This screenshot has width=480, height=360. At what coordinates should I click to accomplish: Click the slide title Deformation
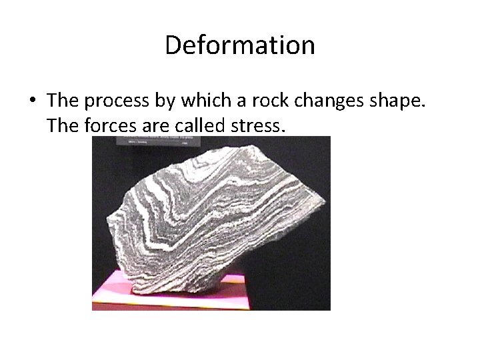point(240,45)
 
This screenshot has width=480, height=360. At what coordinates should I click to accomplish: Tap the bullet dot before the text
point(32,101)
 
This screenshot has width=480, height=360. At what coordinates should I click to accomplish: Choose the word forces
point(111,124)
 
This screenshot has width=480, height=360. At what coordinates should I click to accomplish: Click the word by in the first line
point(162,101)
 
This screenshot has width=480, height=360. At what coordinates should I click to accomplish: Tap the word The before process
point(63,100)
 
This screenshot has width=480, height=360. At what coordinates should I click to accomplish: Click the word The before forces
point(63,124)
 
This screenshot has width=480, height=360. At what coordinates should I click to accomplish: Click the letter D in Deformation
point(173,45)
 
